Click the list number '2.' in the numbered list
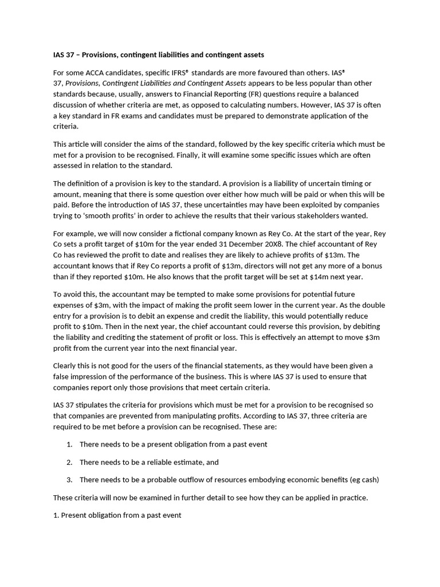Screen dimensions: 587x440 pyautogui.click(x=69, y=462)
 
